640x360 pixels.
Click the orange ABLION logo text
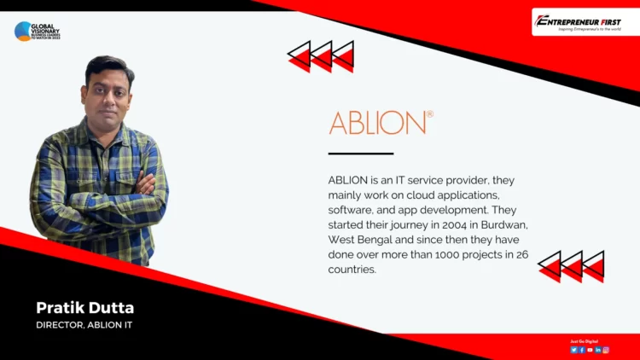tap(376, 123)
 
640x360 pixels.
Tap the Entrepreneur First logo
tap(585, 21)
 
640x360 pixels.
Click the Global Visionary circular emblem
tap(23, 32)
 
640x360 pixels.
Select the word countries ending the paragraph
tap(352, 270)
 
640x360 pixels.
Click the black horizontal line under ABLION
tap(360, 154)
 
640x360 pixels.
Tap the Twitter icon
tap(573, 350)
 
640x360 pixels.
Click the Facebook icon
tap(582, 350)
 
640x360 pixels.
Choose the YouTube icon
tap(590, 350)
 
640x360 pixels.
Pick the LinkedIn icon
tap(598, 350)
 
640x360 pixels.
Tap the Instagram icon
tap(606, 350)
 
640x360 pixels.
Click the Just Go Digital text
tap(585, 341)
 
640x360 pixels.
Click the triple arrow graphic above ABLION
tap(321, 56)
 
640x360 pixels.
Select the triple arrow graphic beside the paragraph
tap(571, 266)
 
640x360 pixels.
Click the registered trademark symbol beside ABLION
tap(429, 113)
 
